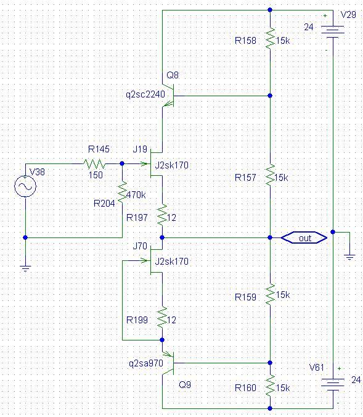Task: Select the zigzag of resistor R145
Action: (x=94, y=164)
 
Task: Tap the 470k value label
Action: (x=136, y=195)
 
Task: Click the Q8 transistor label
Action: (x=173, y=75)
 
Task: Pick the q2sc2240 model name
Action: (x=145, y=94)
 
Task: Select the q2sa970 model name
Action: (x=146, y=363)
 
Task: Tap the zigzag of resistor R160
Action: (x=270, y=386)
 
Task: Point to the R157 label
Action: (x=245, y=178)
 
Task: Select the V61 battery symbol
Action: (x=333, y=384)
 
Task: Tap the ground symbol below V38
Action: (x=25, y=268)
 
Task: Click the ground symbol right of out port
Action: (x=349, y=257)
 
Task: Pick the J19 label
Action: (x=140, y=149)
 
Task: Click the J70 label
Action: (x=140, y=246)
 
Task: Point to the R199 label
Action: (x=137, y=320)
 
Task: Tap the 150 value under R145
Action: (x=96, y=175)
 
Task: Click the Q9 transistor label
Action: (x=185, y=384)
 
